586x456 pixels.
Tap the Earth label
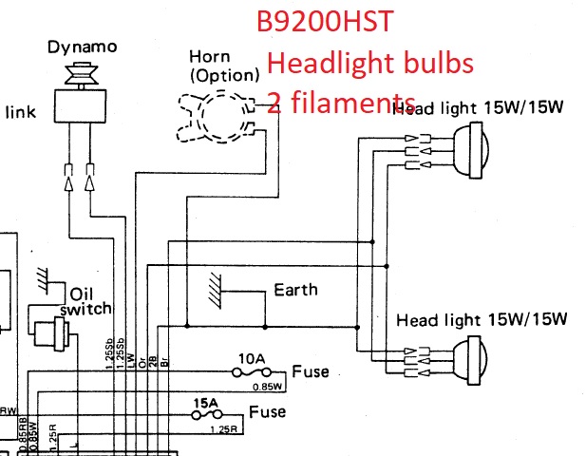tap(295, 289)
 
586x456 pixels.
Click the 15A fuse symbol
tap(206, 415)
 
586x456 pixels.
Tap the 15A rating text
tap(206, 402)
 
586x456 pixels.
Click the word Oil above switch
tap(83, 292)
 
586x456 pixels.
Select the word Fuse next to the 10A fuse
tap(311, 370)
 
